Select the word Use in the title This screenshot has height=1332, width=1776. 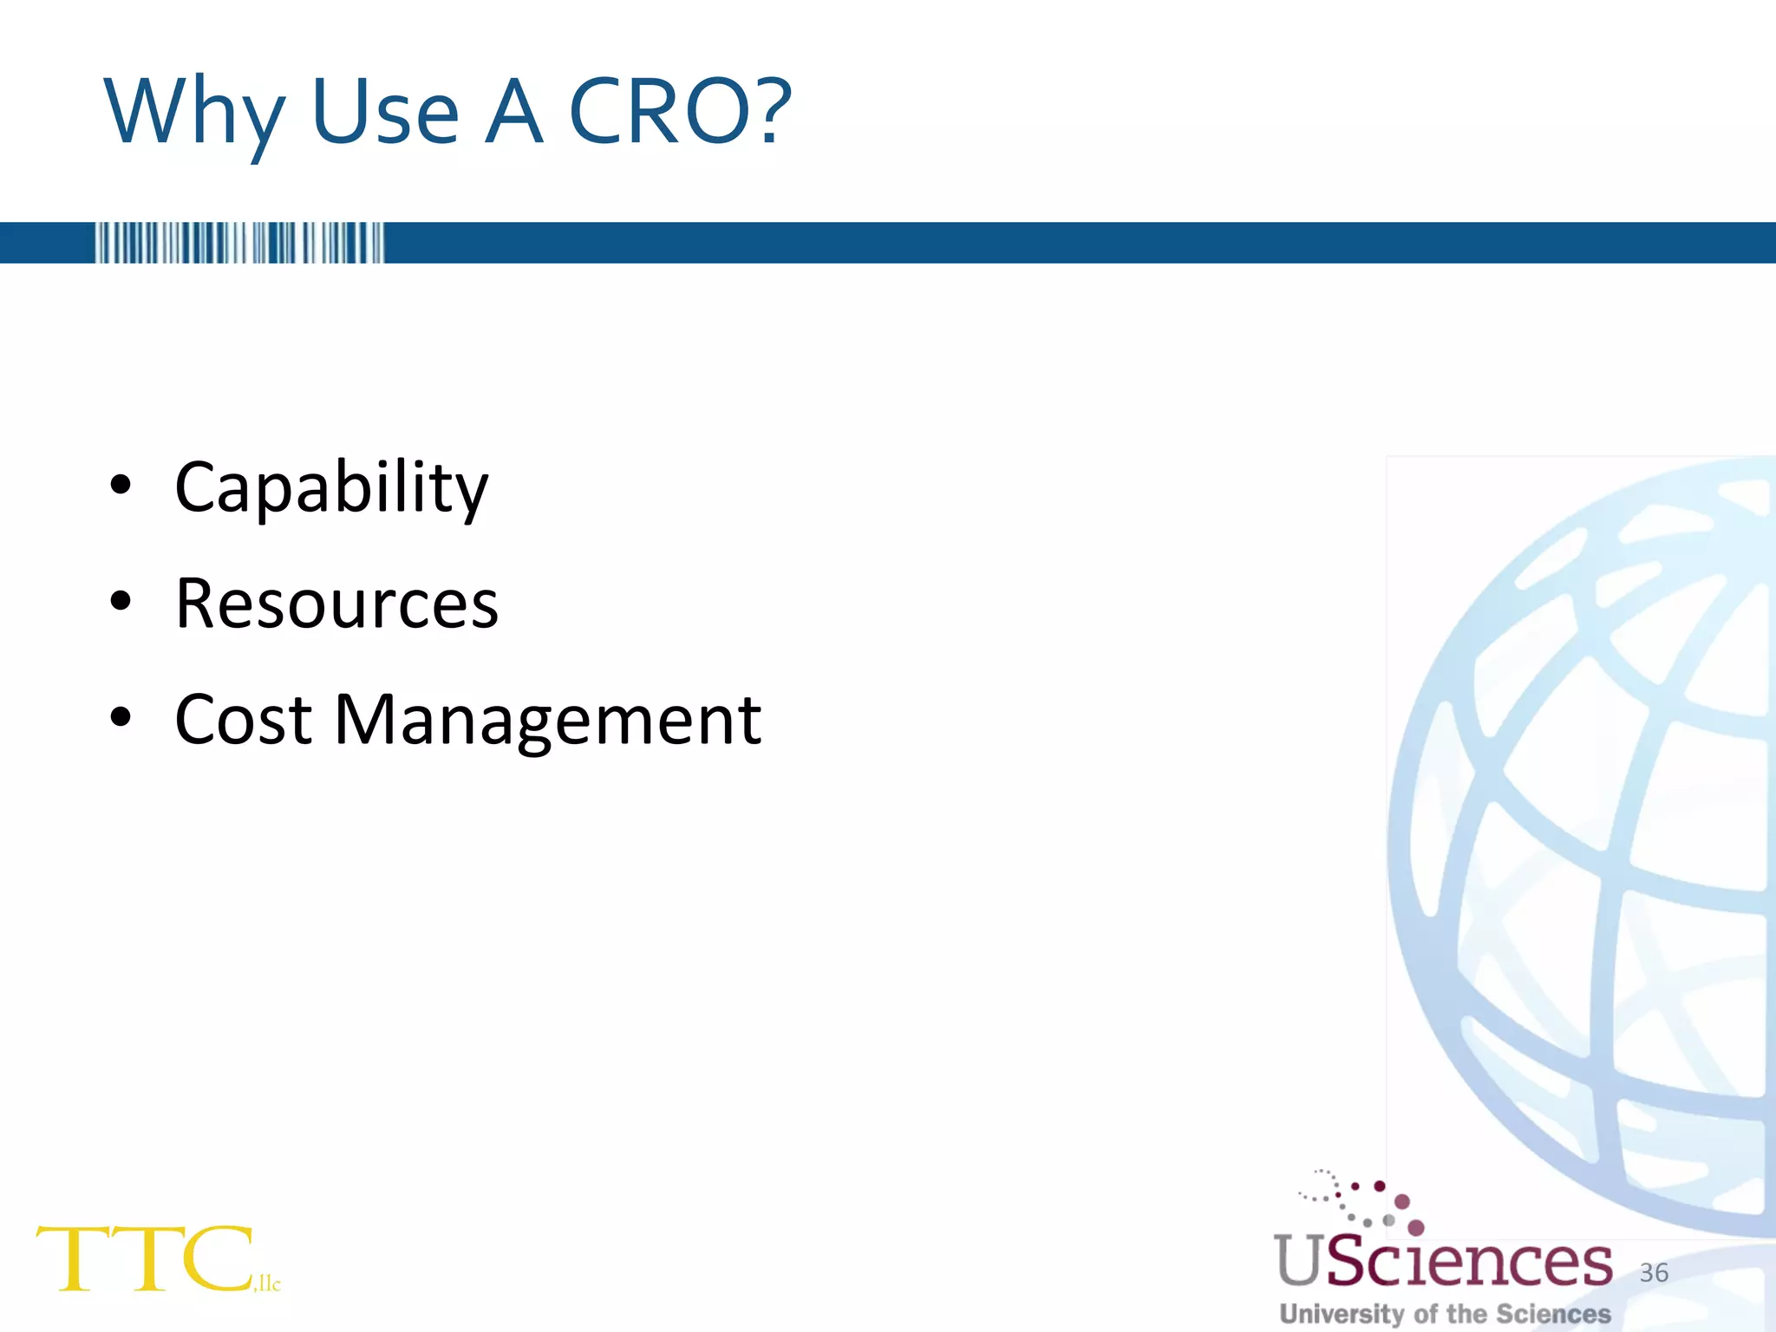[384, 113]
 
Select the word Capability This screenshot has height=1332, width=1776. [331, 488]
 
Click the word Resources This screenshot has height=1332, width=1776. [336, 604]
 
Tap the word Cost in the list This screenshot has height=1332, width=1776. [243, 720]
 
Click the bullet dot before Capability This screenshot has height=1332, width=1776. [121, 486]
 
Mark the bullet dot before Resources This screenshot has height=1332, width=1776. [121, 601]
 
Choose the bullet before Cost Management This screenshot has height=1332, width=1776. [121, 717]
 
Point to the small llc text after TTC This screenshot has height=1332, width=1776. [269, 1283]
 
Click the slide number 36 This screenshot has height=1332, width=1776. [1654, 1272]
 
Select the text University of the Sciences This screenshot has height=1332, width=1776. [1445, 1314]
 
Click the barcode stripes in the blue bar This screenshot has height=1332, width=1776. [238, 243]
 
